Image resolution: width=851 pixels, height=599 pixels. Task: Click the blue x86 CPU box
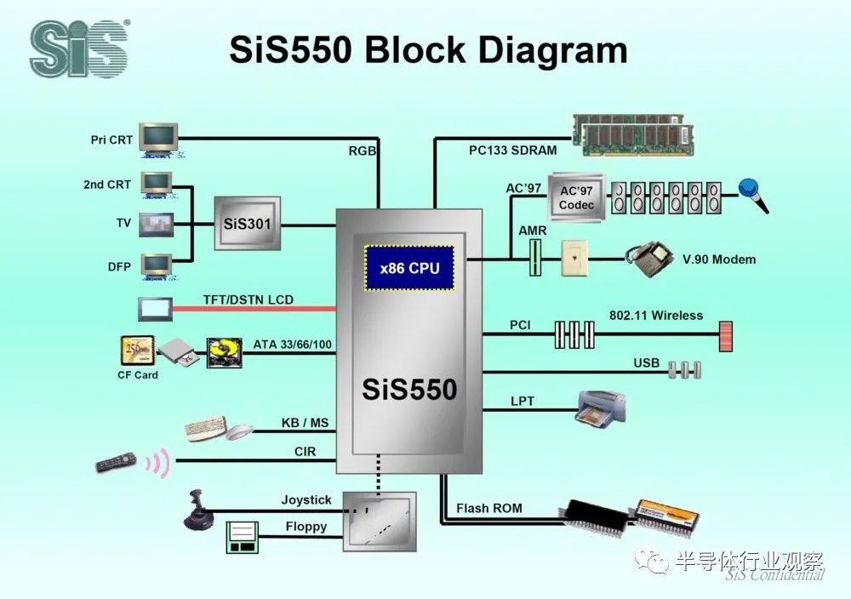pyautogui.click(x=409, y=268)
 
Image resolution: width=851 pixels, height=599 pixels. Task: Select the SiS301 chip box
pyautogui.click(x=246, y=225)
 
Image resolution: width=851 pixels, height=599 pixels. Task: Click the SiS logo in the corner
pyautogui.click(x=78, y=49)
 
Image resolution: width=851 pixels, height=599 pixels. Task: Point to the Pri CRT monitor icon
pyautogui.click(x=160, y=139)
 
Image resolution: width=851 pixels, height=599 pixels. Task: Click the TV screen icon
pyautogui.click(x=156, y=224)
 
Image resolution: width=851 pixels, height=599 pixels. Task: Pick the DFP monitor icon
pyautogui.click(x=157, y=266)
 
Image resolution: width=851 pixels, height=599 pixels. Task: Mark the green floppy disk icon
pyautogui.click(x=241, y=535)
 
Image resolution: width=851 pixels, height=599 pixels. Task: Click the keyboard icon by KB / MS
pyautogui.click(x=206, y=427)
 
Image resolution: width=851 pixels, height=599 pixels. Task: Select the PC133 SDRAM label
pyautogui.click(x=512, y=151)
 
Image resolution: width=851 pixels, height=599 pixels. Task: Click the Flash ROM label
pyautogui.click(x=488, y=509)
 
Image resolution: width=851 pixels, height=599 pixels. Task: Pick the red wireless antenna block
pyautogui.click(x=725, y=337)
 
